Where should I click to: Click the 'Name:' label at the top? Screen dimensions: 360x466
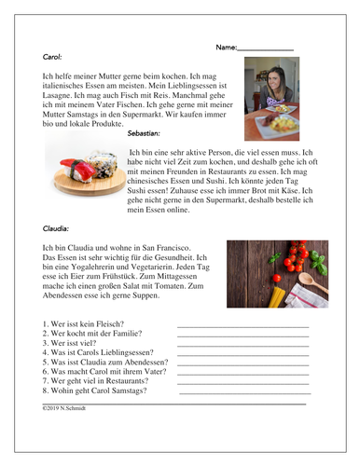coord(226,47)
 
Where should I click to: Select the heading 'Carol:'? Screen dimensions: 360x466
coord(53,57)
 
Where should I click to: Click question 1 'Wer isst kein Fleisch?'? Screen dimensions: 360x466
coord(83,325)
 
